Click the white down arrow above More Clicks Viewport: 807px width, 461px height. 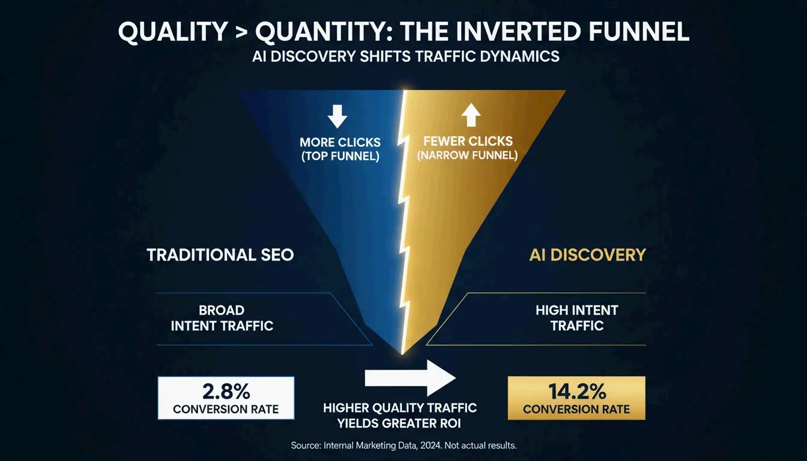click(337, 116)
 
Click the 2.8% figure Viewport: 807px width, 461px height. click(226, 392)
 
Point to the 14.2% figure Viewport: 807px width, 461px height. click(576, 391)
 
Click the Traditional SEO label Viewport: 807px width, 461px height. click(220, 255)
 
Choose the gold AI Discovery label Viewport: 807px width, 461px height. click(587, 255)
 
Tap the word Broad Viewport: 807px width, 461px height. click(222, 310)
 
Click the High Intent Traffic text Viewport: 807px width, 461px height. click(576, 318)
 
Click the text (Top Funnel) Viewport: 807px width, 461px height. click(340, 157)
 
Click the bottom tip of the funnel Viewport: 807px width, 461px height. click(403, 352)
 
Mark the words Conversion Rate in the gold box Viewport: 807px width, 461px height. click(576, 409)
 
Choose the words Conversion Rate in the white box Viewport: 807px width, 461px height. click(226, 409)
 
